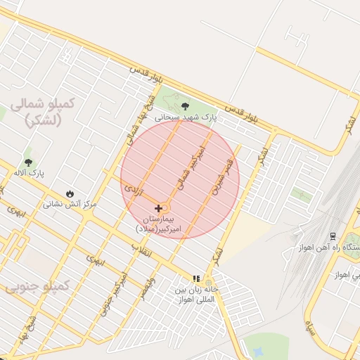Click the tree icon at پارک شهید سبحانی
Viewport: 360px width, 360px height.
tap(185, 106)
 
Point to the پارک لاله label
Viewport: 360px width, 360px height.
tap(29, 173)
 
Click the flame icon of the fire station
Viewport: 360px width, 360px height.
tap(70, 193)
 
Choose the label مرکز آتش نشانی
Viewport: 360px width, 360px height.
tap(70, 205)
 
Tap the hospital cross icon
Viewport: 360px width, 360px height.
tap(159, 208)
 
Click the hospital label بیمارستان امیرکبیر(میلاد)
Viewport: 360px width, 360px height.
tap(159, 224)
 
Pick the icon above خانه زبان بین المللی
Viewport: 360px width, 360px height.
tap(197, 278)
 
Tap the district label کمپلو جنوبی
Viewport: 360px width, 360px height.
tap(37, 287)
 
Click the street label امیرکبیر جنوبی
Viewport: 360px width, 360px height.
tap(113, 294)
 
